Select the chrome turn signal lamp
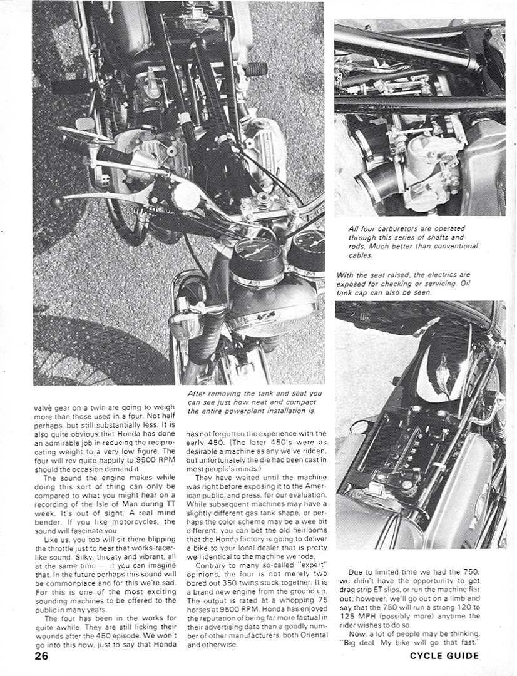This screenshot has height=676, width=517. (182, 324)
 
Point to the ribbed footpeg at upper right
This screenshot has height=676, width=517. (255, 69)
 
